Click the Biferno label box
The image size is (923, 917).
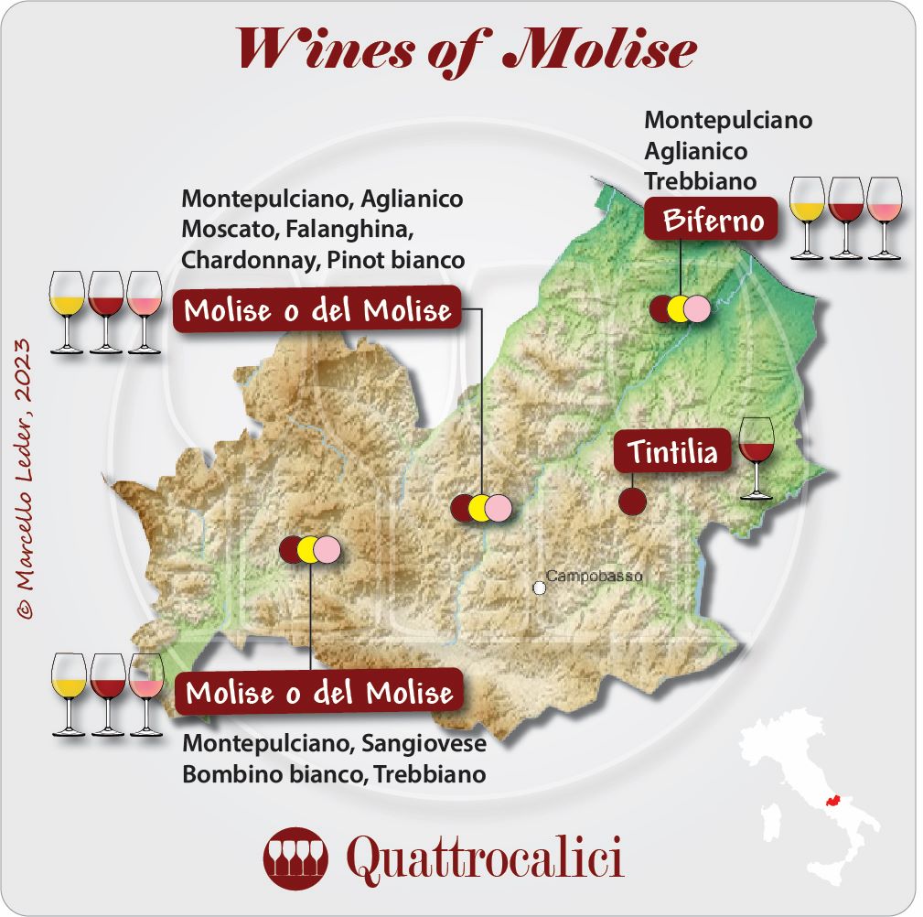tap(711, 220)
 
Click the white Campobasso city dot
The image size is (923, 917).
tap(540, 587)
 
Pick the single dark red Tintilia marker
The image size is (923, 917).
tap(632, 502)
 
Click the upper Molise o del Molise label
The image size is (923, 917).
tap(317, 311)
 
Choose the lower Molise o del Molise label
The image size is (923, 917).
tap(319, 693)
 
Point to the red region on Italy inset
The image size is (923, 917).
tap(832, 802)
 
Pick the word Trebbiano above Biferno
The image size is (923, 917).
tap(700, 180)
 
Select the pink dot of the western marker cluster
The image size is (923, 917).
tap(327, 549)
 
